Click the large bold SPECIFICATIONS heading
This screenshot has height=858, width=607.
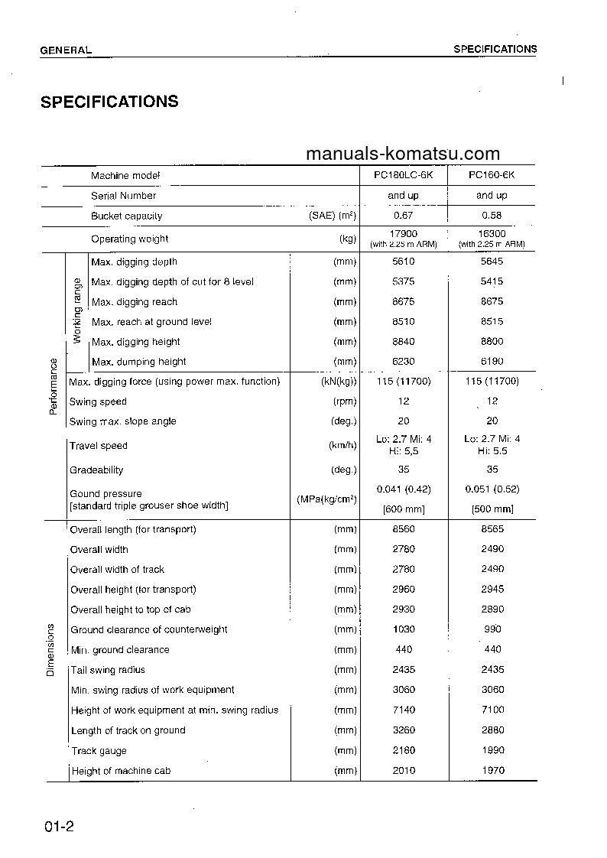click(x=109, y=102)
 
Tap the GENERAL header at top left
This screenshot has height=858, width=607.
click(x=66, y=50)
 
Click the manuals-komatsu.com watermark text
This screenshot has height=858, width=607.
click(x=402, y=154)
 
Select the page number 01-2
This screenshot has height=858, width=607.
click(x=58, y=827)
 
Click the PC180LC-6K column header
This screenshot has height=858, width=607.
click(x=403, y=175)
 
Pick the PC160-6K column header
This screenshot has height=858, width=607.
click(x=492, y=175)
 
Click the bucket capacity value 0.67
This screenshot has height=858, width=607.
click(x=403, y=216)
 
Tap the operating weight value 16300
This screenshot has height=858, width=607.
click(x=492, y=234)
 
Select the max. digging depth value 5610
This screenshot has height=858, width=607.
click(x=403, y=262)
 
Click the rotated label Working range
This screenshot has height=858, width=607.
click(x=76, y=311)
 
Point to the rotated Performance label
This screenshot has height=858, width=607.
click(x=53, y=386)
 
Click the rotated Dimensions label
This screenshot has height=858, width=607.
click(x=51, y=650)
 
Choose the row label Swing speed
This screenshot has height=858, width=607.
click(x=98, y=401)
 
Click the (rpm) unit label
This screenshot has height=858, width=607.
click(x=345, y=401)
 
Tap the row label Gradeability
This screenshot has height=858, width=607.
click(x=96, y=470)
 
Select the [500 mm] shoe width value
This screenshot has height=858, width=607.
click(x=492, y=509)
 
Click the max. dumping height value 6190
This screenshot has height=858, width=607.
click(x=492, y=362)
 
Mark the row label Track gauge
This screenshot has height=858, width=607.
click(x=99, y=751)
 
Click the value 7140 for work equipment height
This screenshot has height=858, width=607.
click(x=403, y=710)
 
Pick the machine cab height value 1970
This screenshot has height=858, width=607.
click(x=492, y=771)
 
